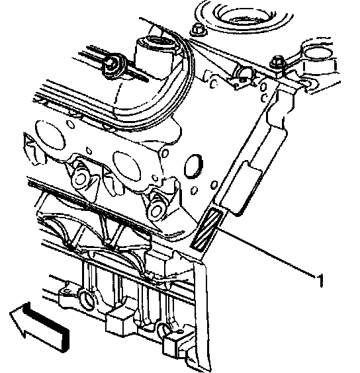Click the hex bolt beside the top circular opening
pos(198,30)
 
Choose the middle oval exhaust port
pos(126,165)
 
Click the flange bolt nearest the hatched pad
pos(156,210)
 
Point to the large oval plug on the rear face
pos(193,166)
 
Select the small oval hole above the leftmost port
pos(70,124)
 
